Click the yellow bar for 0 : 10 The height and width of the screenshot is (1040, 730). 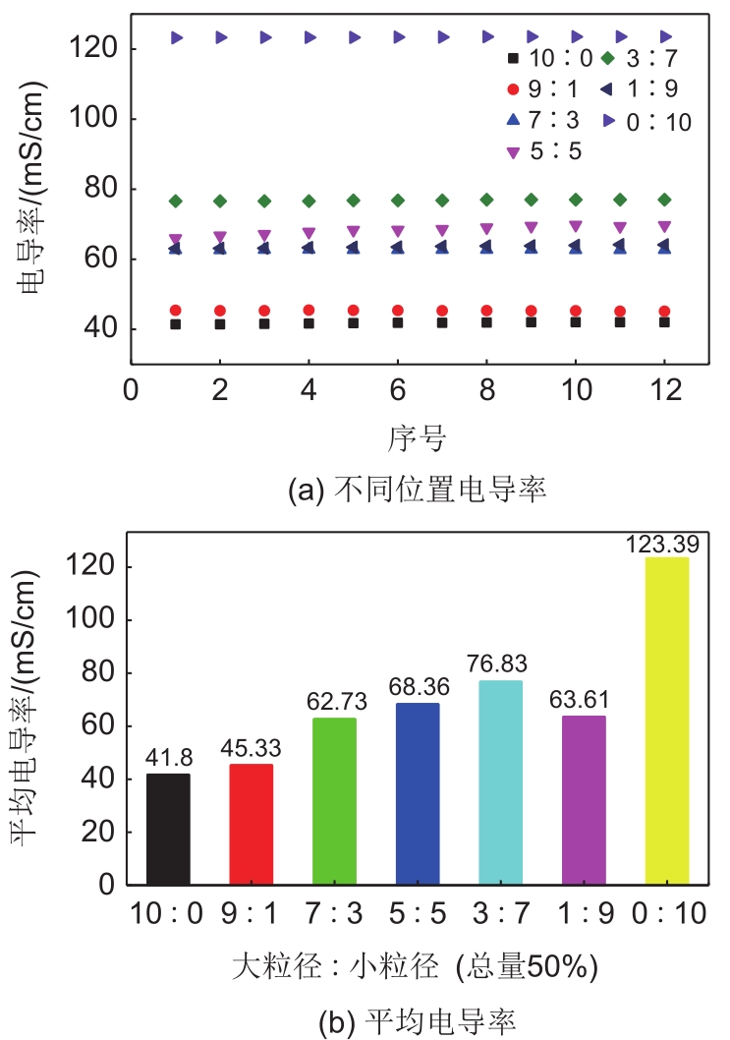click(666, 721)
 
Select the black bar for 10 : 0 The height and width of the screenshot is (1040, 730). click(168, 829)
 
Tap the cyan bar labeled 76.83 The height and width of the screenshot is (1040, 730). click(500, 782)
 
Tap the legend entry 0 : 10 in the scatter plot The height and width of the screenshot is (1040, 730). click(648, 121)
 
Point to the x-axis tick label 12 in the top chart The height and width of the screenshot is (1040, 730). click(664, 388)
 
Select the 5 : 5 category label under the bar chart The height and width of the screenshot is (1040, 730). click(417, 914)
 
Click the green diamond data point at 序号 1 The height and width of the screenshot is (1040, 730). click(176, 201)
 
